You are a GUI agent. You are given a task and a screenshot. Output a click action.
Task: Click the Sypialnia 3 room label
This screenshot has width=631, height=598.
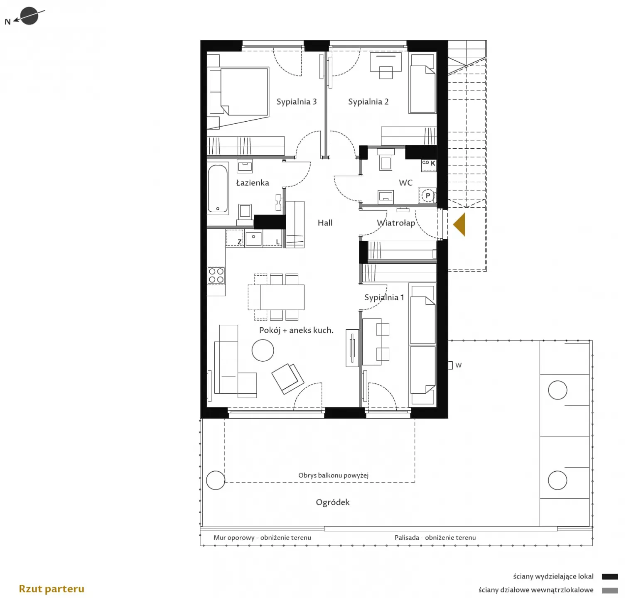click(x=297, y=102)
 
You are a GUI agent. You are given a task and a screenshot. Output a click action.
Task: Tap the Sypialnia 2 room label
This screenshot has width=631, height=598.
click(x=368, y=102)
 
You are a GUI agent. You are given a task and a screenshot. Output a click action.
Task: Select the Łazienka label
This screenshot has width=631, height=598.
click(x=253, y=183)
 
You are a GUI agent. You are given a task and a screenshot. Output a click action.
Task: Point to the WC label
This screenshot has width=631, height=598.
click(x=405, y=183)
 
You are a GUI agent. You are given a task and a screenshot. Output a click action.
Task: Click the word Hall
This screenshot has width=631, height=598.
click(x=325, y=223)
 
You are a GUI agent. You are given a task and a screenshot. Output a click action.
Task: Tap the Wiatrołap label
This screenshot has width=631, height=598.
click(x=396, y=223)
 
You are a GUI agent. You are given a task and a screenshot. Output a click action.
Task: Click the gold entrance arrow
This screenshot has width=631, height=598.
click(x=459, y=225)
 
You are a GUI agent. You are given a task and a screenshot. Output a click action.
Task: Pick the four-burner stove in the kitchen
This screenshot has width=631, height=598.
click(x=216, y=275)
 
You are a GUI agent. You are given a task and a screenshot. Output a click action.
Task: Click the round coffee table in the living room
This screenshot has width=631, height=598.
click(x=263, y=350)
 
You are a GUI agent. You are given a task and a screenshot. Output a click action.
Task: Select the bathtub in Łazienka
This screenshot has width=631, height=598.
click(x=218, y=189)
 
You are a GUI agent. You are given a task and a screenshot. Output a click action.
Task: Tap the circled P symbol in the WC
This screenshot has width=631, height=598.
click(x=427, y=196)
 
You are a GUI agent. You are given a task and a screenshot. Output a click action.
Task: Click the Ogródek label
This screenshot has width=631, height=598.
click(x=333, y=502)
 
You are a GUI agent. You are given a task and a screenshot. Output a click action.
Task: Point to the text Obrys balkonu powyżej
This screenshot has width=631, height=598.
click(x=333, y=475)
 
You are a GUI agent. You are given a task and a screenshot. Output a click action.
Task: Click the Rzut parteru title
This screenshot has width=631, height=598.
click(x=52, y=589)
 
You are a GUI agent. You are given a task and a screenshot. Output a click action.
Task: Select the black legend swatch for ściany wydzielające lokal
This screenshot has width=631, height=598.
click(x=609, y=577)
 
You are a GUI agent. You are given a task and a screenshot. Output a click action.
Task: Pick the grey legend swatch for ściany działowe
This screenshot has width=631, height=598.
click(x=609, y=590)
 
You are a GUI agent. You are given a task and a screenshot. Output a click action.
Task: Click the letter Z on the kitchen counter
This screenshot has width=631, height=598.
click(x=239, y=242)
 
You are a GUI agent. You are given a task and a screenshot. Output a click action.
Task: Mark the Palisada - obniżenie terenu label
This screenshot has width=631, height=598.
click(x=435, y=537)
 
